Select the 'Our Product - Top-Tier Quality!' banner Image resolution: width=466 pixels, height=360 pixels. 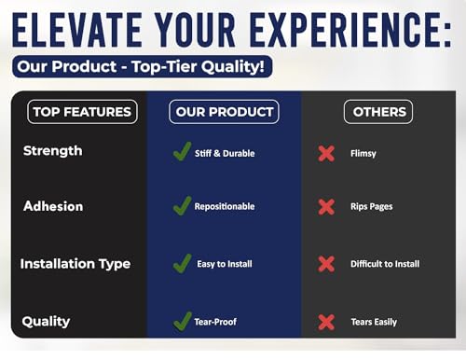pyautogui.click(x=142, y=66)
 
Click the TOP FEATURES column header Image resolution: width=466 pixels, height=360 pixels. pyautogui.click(x=82, y=112)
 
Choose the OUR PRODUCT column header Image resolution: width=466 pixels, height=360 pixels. pyautogui.click(x=224, y=112)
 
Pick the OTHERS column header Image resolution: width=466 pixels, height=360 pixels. pyautogui.click(x=378, y=112)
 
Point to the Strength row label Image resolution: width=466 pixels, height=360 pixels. pyautogui.click(x=53, y=151)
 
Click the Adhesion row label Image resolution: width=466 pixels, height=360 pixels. pyautogui.click(x=53, y=206)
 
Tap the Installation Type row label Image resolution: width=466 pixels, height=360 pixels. pyautogui.click(x=75, y=264)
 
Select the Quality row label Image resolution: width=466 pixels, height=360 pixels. pyautogui.click(x=46, y=322)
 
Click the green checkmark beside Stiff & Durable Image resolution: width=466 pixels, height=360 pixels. pyautogui.click(x=182, y=151)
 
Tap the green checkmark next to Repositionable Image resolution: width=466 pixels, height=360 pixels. pyautogui.click(x=182, y=205)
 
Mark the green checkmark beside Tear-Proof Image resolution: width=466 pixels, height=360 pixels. pyautogui.click(x=183, y=321)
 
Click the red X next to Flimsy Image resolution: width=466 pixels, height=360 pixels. pyautogui.click(x=326, y=153)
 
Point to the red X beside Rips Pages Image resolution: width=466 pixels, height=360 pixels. pyautogui.click(x=326, y=207)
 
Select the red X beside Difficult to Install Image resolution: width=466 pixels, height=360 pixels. pyautogui.click(x=326, y=264)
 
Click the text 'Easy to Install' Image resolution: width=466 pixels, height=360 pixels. pyautogui.click(x=225, y=264)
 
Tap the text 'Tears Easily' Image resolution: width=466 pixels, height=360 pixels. pyautogui.click(x=374, y=322)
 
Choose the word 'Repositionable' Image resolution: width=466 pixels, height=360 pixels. pyautogui.click(x=225, y=206)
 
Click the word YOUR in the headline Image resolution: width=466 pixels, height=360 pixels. pyautogui.click(x=196, y=30)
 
